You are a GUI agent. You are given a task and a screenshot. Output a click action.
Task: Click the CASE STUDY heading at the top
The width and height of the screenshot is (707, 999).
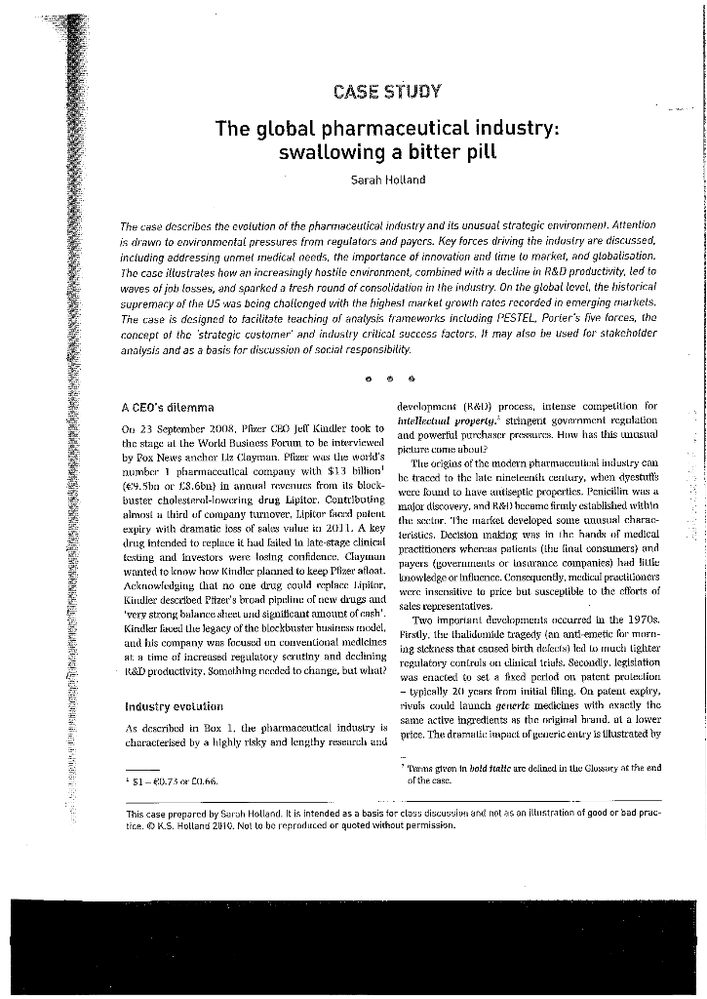pyautogui.click(x=387, y=94)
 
